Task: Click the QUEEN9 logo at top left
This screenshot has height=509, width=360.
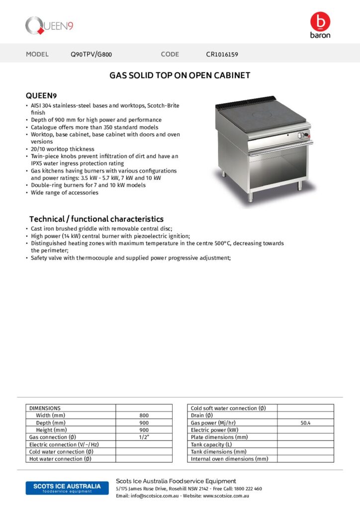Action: click(49, 25)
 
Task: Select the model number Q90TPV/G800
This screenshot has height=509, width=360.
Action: click(94, 54)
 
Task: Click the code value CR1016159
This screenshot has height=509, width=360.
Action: click(222, 54)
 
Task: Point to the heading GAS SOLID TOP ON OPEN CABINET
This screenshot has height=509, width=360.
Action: click(180, 76)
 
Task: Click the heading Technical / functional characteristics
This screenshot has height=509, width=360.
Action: click(96, 219)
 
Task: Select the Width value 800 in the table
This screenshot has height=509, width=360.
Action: click(144, 416)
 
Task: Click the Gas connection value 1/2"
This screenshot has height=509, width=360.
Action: click(144, 437)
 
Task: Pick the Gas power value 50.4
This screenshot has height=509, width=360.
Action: click(305, 423)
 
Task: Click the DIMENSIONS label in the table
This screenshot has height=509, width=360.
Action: click(45, 408)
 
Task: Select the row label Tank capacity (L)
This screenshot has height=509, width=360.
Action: click(211, 444)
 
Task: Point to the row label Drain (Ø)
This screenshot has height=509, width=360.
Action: click(202, 416)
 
